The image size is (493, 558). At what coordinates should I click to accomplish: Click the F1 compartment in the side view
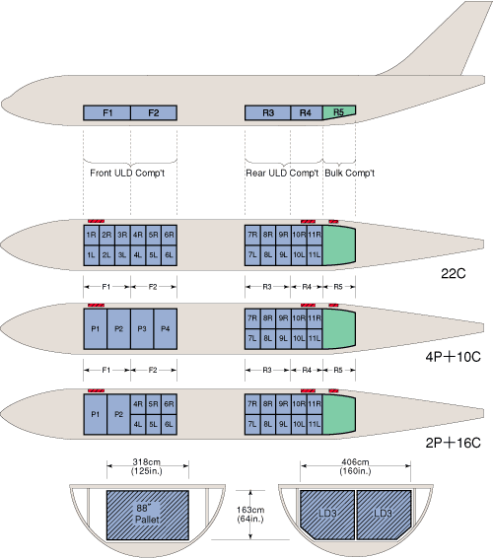tap(106, 112)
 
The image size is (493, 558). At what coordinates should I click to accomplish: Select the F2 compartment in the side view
tap(154, 112)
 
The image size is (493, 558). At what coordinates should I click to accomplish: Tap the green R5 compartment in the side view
tap(338, 112)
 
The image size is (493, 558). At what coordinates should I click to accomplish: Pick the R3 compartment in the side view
tap(267, 112)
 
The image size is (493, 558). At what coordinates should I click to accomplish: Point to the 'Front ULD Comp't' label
tap(127, 173)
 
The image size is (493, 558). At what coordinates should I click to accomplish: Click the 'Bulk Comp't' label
tap(350, 173)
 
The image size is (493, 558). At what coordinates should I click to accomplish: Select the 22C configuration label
tap(454, 273)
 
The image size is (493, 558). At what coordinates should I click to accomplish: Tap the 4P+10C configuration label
tap(454, 356)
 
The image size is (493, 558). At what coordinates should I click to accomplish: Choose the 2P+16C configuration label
tap(454, 443)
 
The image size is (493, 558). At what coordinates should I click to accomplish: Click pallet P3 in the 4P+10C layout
tap(142, 329)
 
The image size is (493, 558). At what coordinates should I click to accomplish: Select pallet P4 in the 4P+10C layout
tap(166, 329)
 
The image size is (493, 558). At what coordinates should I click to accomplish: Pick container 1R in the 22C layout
tap(91, 235)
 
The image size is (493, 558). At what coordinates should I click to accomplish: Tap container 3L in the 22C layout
tap(122, 255)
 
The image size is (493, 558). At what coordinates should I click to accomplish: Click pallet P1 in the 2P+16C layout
tap(95, 414)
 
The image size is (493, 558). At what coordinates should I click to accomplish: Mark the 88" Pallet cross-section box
tap(148, 515)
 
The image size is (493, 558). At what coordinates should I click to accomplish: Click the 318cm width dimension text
tap(147, 466)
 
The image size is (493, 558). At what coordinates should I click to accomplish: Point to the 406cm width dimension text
tap(355, 466)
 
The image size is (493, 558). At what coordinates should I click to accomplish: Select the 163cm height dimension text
tap(250, 515)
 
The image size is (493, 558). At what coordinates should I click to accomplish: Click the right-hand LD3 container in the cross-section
tap(384, 515)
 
